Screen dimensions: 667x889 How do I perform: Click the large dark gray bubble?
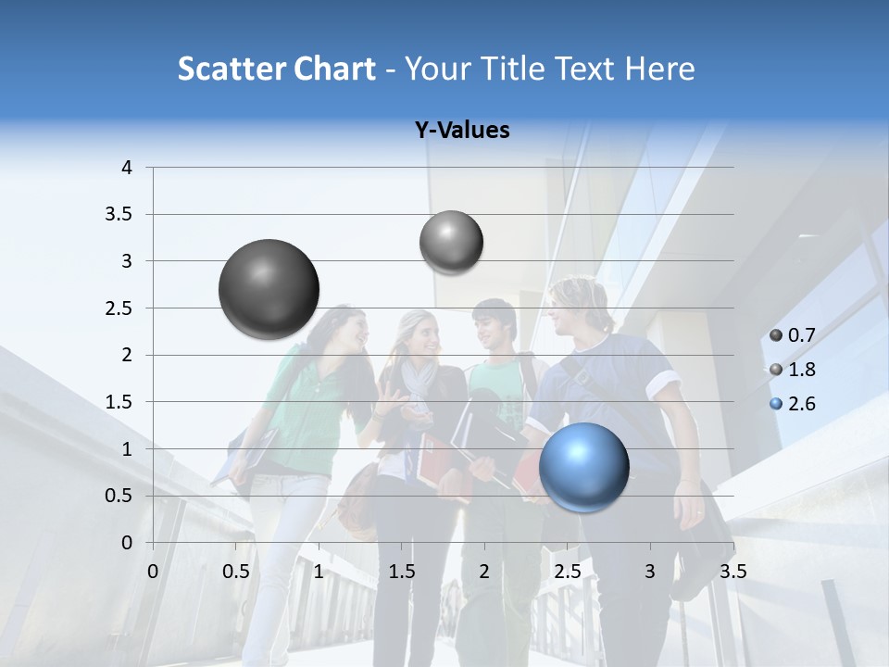coord(269,289)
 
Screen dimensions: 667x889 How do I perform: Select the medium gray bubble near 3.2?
coord(451,243)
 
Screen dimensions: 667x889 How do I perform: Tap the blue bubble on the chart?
coord(583,466)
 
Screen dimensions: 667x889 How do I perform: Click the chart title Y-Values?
coord(462,131)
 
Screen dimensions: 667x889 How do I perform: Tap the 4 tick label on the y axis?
coord(127,168)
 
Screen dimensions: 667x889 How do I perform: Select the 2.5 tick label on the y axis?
coord(120,308)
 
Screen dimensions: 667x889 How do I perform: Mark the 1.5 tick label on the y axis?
coord(120,402)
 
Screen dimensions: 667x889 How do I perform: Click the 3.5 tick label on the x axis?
coord(732,571)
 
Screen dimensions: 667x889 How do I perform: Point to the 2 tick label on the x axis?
coord(484,571)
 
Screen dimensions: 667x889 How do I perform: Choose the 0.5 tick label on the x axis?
coord(236,571)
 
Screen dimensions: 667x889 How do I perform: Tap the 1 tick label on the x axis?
coord(319,571)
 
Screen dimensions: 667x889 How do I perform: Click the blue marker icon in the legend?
coord(776,405)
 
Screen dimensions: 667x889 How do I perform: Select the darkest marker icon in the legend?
coord(776,336)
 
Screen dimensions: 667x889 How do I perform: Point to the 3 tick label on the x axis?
coord(650,571)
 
